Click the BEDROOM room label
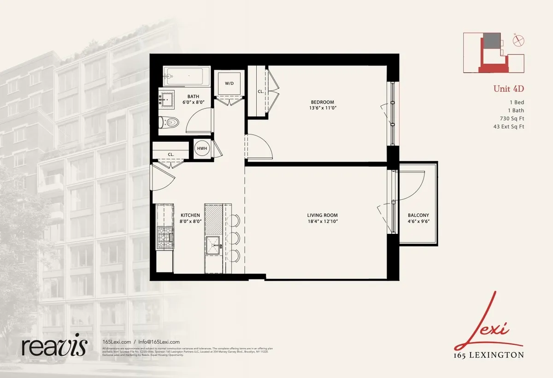point(322,102)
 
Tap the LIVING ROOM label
point(322,215)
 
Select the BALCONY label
point(418,215)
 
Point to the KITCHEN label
point(190,215)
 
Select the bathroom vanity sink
point(166,98)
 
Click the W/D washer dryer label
point(229,84)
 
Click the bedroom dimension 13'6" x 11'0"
point(322,109)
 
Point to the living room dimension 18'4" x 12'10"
point(322,222)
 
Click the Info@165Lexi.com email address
point(160,342)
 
